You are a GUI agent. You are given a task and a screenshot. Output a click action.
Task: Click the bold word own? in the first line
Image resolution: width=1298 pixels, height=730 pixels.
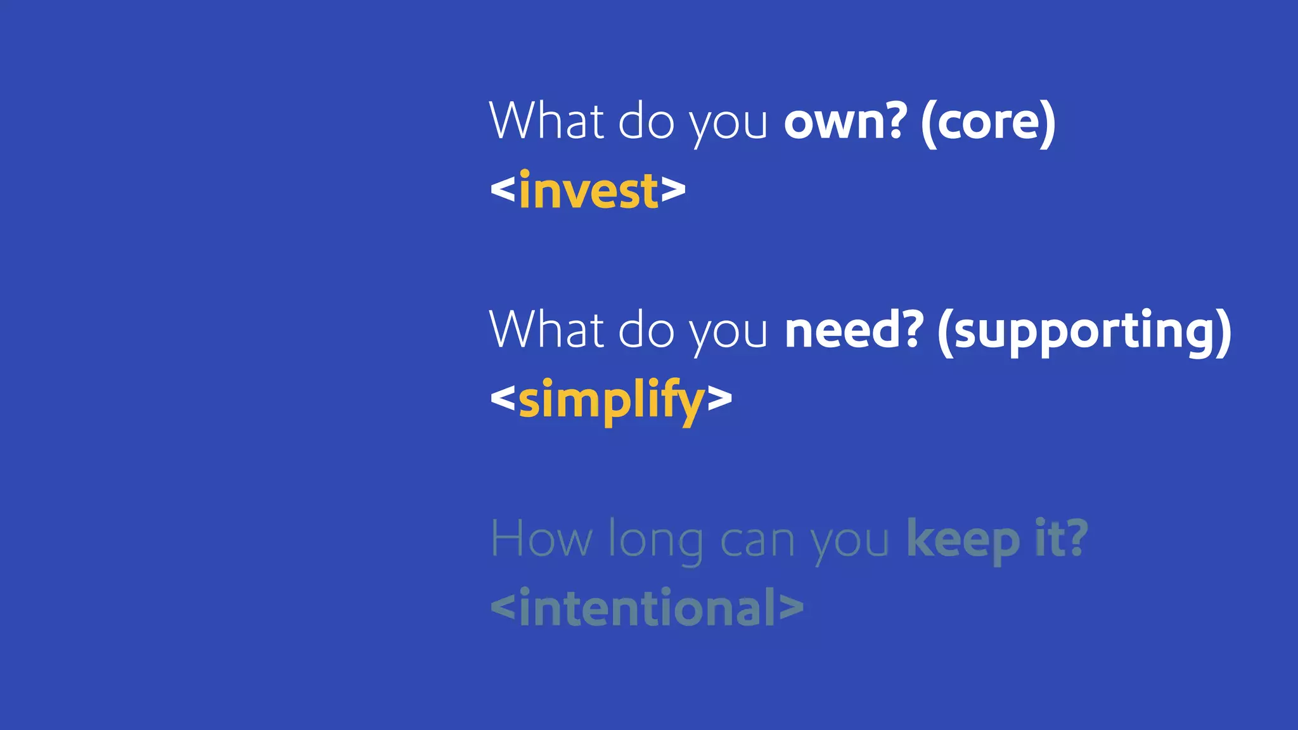845,122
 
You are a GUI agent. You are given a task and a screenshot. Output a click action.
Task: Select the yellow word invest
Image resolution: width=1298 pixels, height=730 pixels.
589,191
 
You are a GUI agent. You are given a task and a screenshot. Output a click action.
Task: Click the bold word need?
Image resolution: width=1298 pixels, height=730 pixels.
854,330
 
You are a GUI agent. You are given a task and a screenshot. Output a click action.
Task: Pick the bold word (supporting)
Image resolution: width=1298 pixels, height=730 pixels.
1084,331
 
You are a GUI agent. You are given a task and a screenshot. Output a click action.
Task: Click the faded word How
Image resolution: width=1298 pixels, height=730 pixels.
541,539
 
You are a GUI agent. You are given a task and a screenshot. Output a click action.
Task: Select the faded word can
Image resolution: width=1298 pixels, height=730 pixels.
757,542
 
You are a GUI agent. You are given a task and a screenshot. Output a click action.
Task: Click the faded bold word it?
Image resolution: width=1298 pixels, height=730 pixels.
1061,538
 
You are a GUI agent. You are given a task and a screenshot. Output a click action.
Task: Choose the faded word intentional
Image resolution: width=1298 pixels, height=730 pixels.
647,608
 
